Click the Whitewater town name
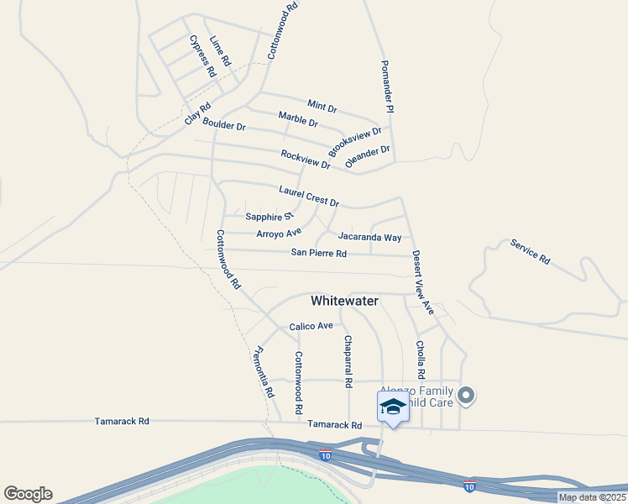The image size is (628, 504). point(344,300)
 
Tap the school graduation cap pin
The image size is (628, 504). point(392,407)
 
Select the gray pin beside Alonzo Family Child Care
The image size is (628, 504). point(468,395)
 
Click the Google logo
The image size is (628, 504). point(28,494)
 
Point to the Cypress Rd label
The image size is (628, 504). point(202,56)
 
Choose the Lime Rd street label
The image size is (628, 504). point(220,52)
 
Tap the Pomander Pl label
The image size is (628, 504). point(386,87)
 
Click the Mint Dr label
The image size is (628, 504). point(322,106)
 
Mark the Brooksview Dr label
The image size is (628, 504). point(355,141)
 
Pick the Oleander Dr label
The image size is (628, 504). point(368,156)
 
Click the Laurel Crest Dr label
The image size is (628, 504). point(309,197)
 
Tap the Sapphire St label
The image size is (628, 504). point(269,217)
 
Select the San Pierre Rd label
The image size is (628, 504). point(319,253)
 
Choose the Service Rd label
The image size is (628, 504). point(530,252)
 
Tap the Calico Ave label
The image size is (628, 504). point(311,326)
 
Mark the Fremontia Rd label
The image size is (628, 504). point(264,372)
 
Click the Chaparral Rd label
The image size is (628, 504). point(348,362)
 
